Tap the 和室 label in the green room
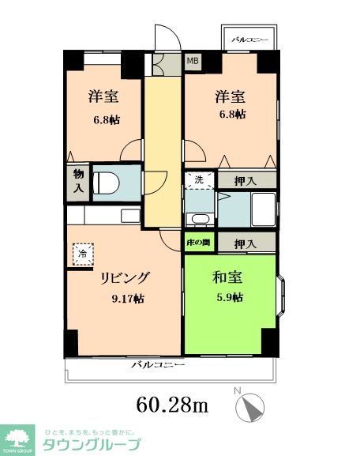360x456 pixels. point(227,278)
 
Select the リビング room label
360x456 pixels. point(124,278)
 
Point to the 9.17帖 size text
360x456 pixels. point(126,298)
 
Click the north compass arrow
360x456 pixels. point(253,408)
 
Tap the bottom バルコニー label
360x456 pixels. point(157,365)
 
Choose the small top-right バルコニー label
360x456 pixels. point(249,39)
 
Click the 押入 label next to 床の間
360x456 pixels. point(246,243)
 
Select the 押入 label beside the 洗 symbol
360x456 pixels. point(246,180)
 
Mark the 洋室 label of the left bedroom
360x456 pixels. point(103,96)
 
